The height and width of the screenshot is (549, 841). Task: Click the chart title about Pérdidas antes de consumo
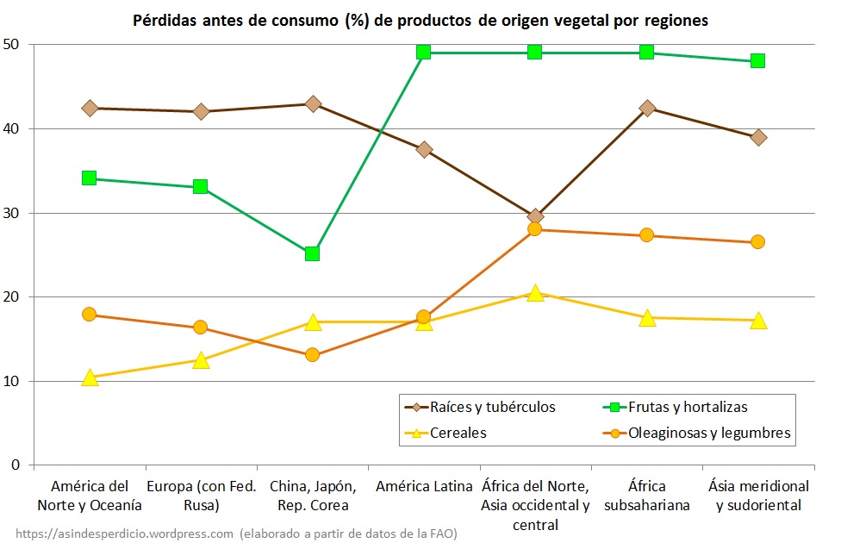420,20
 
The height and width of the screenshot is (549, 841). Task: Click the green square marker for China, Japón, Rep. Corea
312,253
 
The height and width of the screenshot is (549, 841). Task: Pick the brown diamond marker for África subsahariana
647,108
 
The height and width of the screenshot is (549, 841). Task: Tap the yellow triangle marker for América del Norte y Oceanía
90,377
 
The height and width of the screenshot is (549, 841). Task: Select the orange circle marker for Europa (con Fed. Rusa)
201,328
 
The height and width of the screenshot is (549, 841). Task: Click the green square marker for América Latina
423,52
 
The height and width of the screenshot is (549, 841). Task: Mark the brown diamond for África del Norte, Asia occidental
535,216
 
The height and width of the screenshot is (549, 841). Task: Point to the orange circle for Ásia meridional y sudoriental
757,242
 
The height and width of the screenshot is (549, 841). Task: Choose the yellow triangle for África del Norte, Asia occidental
535,293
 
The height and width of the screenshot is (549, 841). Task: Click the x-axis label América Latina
424,486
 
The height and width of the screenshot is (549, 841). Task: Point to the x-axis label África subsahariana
647,496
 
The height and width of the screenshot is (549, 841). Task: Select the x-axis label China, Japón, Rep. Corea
312,496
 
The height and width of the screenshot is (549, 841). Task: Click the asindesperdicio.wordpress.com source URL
124,534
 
